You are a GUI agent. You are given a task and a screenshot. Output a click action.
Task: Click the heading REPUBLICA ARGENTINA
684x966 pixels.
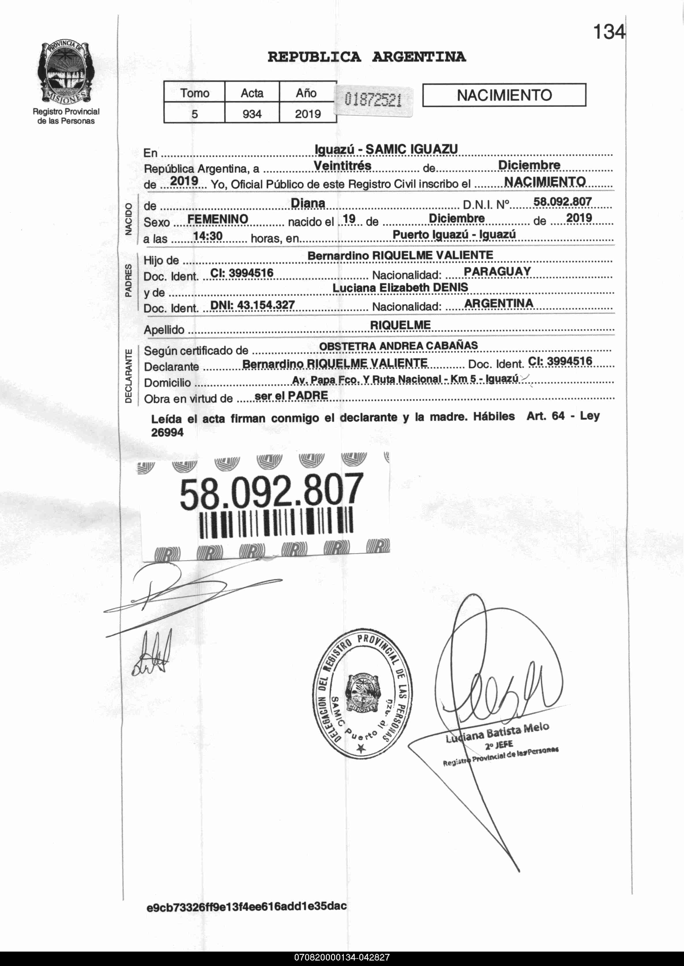tap(367, 57)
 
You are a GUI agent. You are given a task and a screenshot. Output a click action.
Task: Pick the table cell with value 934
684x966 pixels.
tap(252, 114)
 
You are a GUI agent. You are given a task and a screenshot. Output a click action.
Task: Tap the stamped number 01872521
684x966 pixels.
tap(373, 100)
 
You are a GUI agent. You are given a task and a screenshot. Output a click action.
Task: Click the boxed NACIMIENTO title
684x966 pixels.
tap(504, 95)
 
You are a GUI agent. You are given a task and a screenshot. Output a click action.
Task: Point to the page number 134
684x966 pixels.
tap(609, 32)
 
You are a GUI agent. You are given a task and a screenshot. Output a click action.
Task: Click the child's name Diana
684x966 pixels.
tap(308, 203)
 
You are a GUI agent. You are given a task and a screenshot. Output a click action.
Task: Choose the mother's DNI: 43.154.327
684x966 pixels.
tap(252, 305)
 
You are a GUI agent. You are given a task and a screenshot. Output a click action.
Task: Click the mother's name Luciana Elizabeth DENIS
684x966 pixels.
tap(400, 287)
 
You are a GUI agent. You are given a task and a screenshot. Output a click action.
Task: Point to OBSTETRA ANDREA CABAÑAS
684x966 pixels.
tap(399, 346)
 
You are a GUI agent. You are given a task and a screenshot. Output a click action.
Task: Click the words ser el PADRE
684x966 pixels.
tap(291, 395)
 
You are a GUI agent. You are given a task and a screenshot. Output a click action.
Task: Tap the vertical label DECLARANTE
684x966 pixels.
tap(128, 376)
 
